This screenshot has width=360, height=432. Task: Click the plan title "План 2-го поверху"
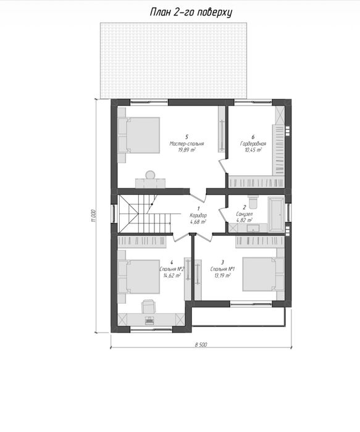click(191, 12)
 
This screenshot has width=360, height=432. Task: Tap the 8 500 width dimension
click(201, 344)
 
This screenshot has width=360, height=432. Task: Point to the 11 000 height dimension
click(94, 215)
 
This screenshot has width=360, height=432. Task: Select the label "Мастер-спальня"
click(186, 144)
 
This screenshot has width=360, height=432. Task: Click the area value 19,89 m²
click(186, 150)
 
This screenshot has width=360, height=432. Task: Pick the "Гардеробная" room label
click(253, 144)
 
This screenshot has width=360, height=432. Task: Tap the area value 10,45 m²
click(253, 150)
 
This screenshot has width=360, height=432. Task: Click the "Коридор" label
click(198, 215)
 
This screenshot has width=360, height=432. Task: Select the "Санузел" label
click(245, 214)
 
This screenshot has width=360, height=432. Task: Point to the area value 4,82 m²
click(245, 220)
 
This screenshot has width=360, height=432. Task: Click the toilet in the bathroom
click(253, 202)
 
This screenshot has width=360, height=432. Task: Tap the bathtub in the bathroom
click(276, 214)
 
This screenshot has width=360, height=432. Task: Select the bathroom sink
click(253, 228)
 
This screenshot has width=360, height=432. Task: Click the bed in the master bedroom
click(139, 135)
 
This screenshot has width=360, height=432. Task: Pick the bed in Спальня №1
click(263, 274)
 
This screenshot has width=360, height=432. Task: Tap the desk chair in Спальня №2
click(148, 306)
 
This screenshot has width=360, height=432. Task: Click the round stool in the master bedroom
click(150, 175)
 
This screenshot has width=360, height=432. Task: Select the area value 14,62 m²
click(172, 275)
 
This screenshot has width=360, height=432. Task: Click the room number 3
click(222, 262)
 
